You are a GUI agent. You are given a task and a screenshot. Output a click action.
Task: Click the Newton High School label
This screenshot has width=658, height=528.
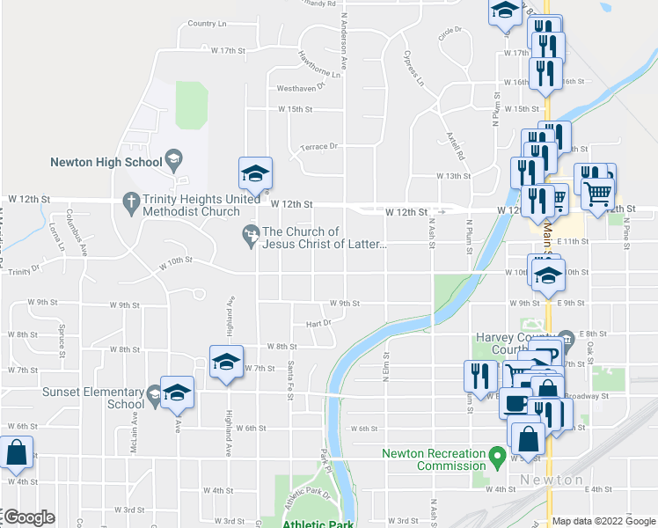coord(106,162)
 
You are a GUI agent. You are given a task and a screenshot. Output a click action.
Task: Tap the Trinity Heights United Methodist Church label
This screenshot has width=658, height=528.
coord(192,204)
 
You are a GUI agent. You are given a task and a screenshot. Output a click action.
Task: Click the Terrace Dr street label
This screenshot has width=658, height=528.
coord(318,147)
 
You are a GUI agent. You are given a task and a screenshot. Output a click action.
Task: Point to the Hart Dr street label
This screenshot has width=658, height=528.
coord(318,323)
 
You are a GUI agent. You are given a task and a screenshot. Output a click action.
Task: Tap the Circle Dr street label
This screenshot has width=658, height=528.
coord(450,31)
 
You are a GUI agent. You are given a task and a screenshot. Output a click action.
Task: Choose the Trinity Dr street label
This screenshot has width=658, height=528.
coord(24,268)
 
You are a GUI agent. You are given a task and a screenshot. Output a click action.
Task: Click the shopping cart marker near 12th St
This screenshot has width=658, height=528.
coord(599,191)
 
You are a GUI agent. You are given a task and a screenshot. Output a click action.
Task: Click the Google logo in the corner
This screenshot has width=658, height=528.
coord(30,518)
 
